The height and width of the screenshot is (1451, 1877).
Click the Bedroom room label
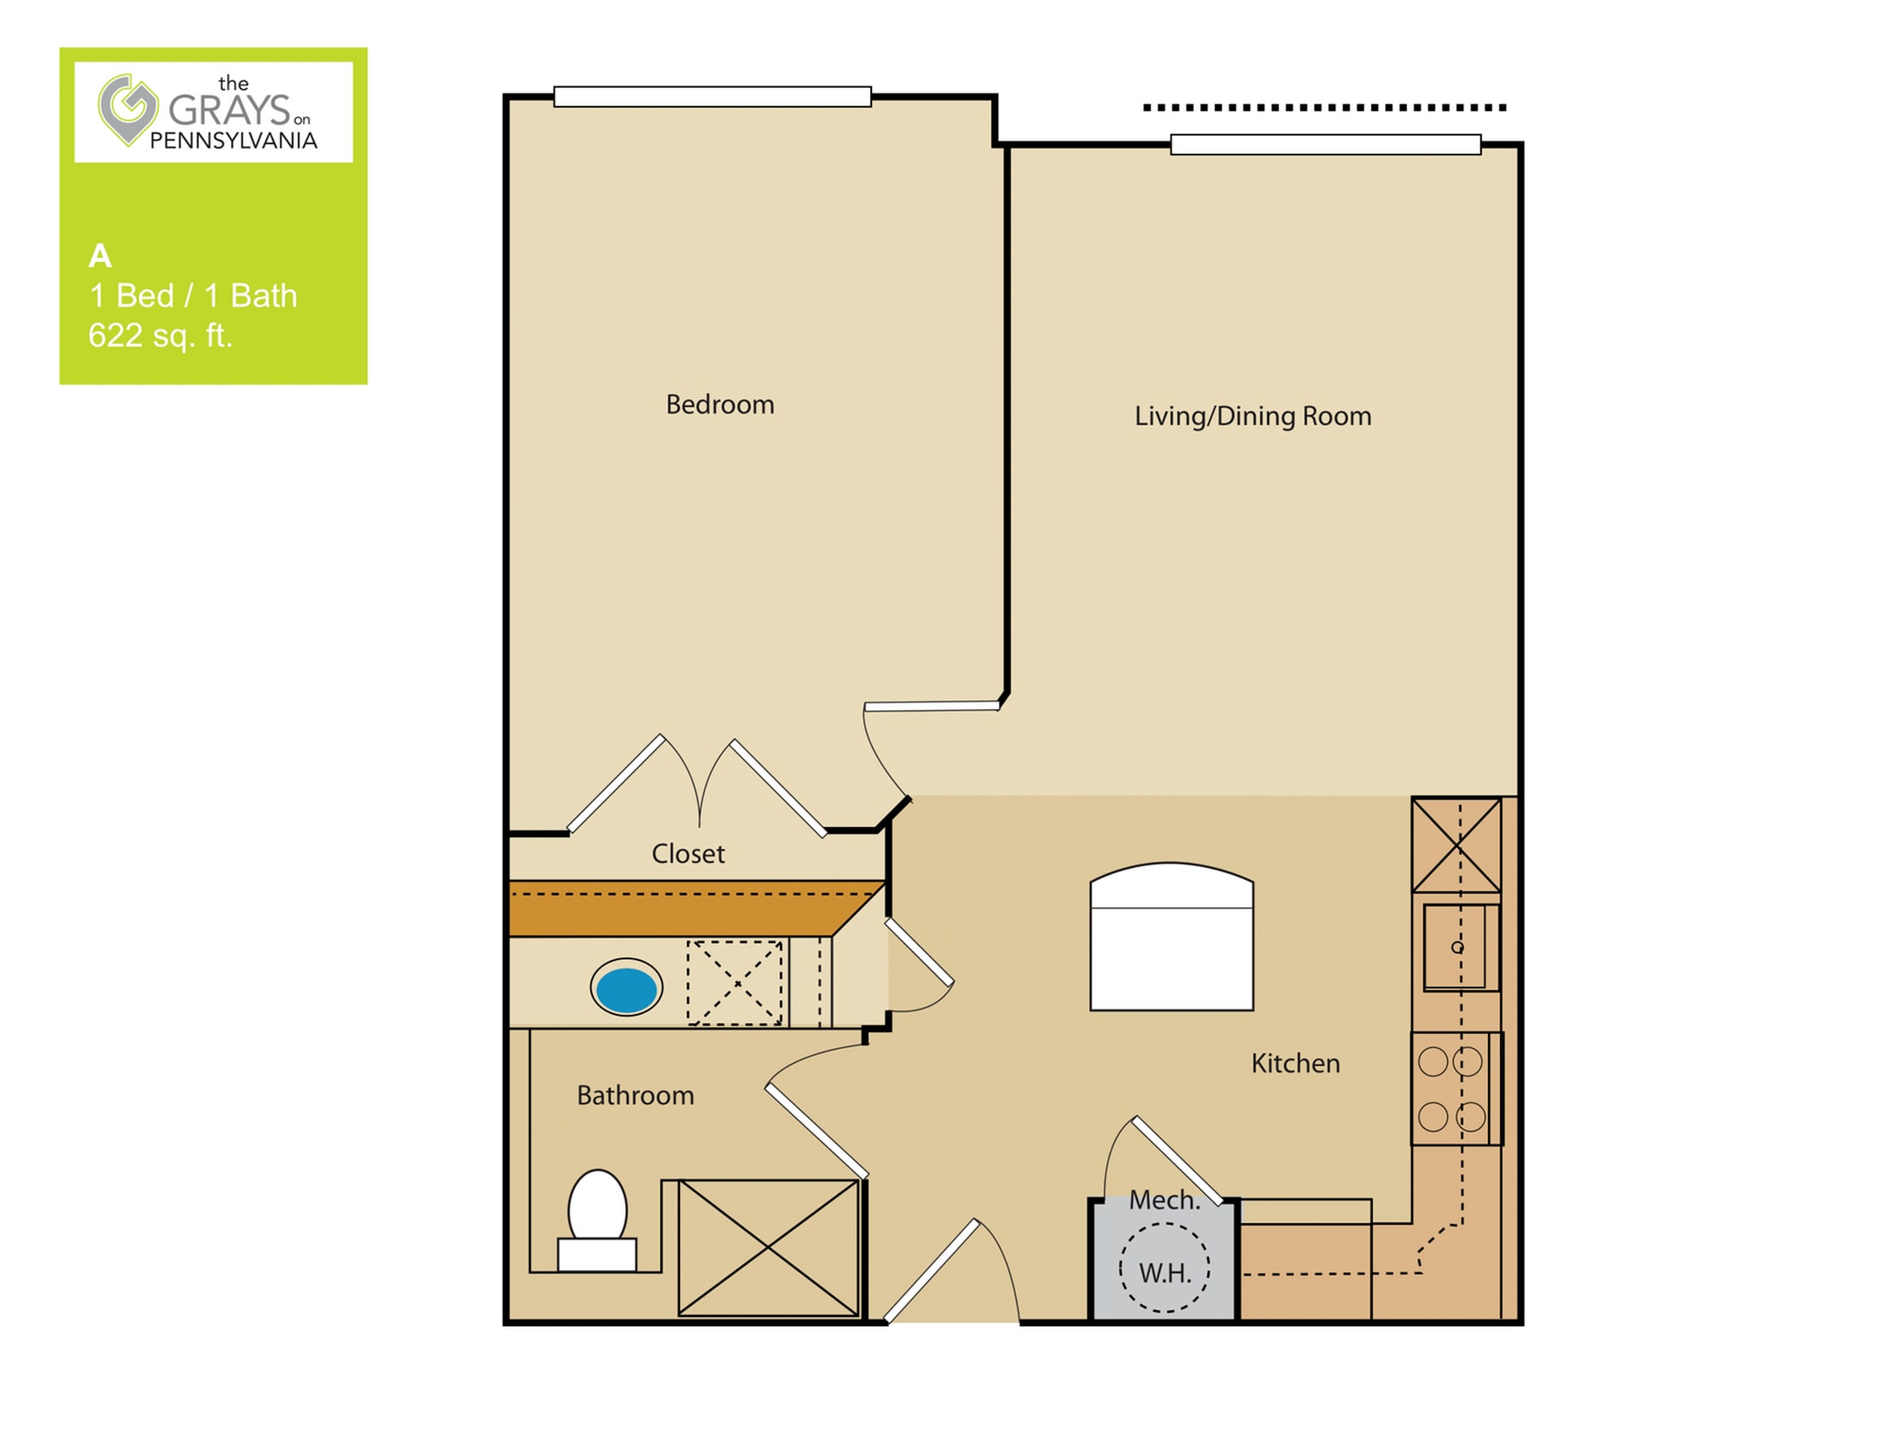pos(720,405)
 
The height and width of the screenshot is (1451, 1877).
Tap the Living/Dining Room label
pos(1252,416)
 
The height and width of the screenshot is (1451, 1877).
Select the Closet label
pos(688,854)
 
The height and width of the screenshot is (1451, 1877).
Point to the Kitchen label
pos(1295,1063)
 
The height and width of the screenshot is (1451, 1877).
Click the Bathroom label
pos(635,1095)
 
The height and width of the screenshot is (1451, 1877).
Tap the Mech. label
pos(1165,1200)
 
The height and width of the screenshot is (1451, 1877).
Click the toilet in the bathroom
pos(597,1220)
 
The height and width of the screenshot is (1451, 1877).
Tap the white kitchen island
pos(1171,937)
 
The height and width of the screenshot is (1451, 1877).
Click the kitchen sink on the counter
pos(1460,947)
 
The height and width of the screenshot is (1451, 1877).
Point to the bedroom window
pos(712,96)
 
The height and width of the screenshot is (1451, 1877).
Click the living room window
pos(1325,144)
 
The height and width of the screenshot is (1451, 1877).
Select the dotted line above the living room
pos(1324,108)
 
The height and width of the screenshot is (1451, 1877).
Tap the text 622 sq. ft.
pos(160,335)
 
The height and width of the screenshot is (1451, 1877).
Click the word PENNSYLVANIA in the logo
pos(234,141)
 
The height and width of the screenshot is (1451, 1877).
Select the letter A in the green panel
pos(100,256)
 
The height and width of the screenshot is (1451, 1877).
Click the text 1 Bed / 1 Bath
pos(194,295)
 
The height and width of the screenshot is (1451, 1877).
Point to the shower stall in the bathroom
pos(769,1247)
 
